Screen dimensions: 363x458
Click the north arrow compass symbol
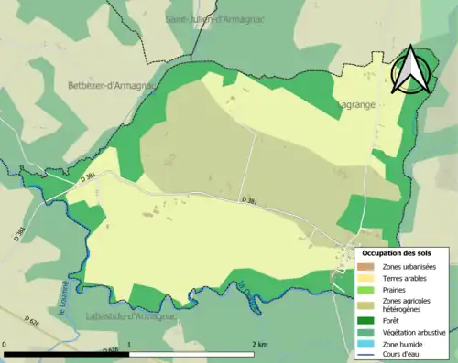pos(411,69)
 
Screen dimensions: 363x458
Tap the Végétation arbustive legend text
pos(414,331)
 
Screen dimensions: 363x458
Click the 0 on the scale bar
pos(6,345)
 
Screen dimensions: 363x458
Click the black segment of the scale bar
pos(68,353)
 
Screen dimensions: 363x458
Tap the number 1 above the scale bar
pos(130,345)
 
